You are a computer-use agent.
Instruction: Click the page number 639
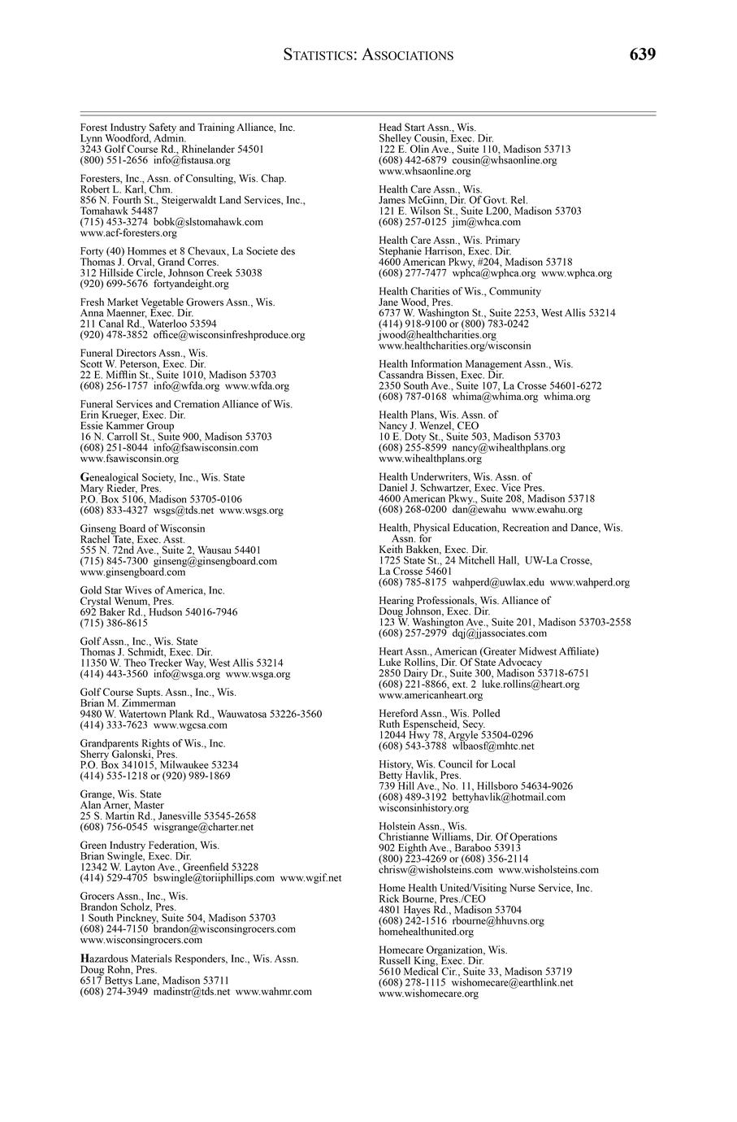click(x=642, y=54)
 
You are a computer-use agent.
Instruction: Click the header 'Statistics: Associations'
click(x=368, y=55)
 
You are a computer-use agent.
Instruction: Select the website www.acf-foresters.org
click(x=128, y=233)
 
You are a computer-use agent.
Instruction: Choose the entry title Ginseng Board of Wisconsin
click(x=142, y=528)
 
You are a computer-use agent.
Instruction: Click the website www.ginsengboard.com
click(x=133, y=572)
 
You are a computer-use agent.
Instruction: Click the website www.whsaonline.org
click(x=424, y=172)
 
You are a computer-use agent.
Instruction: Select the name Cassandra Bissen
click(x=415, y=375)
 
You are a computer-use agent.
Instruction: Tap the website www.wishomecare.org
click(x=428, y=993)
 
